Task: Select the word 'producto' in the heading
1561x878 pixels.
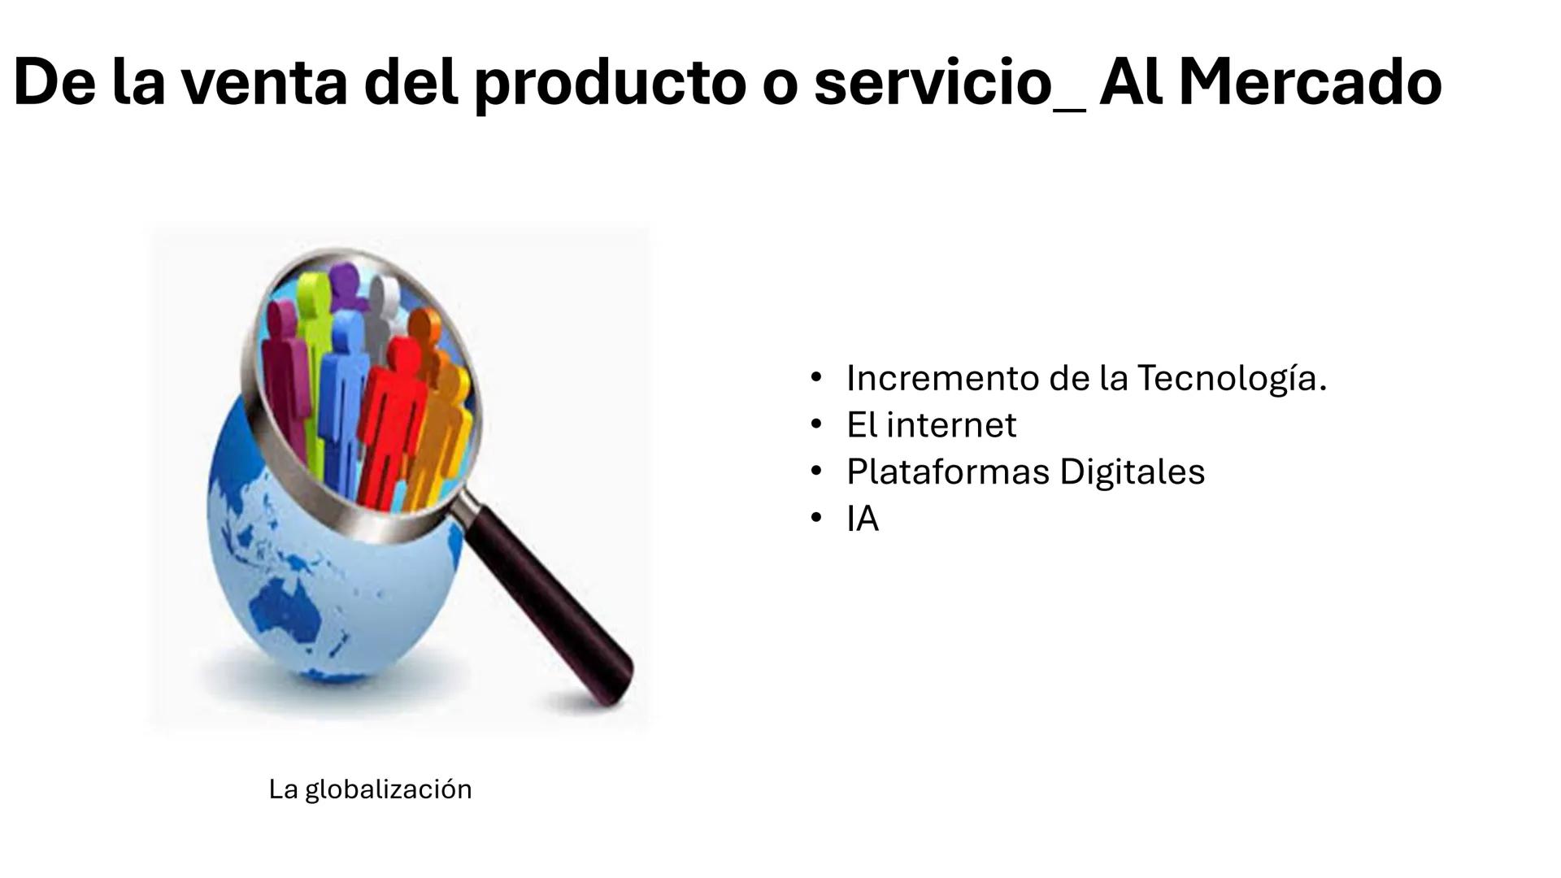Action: (x=610, y=84)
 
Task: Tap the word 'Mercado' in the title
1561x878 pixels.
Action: (x=1310, y=84)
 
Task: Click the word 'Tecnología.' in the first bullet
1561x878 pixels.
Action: (x=1232, y=378)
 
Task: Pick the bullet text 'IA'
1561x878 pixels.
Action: (x=863, y=519)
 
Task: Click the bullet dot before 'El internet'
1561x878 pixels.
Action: (x=816, y=424)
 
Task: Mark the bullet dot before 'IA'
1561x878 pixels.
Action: (x=816, y=519)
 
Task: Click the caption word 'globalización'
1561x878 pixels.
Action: (x=388, y=789)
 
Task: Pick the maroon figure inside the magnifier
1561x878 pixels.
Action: (x=281, y=358)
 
